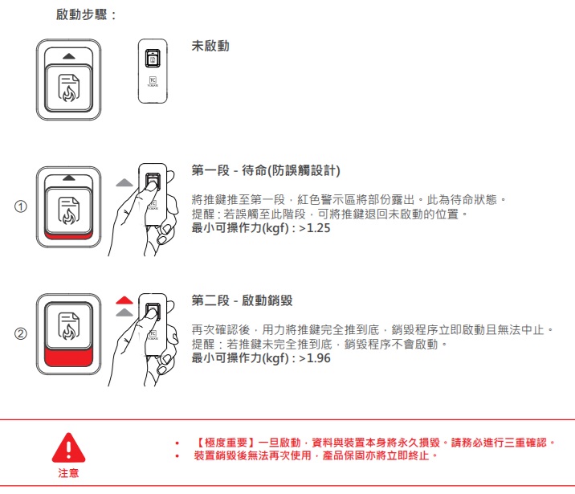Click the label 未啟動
coord(210,46)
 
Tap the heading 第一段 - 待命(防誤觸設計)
coord(266,170)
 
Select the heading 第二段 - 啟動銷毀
coord(242,300)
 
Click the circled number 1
coord(21,206)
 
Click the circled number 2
coord(21,333)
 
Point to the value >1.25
coord(315,228)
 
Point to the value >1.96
coord(315,358)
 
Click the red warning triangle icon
coord(68,448)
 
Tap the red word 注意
coord(68,473)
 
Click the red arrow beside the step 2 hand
coord(124,300)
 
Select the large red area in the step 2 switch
coord(68,357)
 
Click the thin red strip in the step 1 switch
coord(68,235)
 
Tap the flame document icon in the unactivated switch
coord(68,88)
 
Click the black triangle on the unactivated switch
coord(68,56)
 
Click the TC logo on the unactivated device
coord(153,80)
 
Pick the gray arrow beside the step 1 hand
coord(124,182)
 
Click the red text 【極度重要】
coord(226,443)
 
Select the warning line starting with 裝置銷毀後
coord(316,455)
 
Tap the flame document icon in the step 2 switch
coord(68,325)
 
